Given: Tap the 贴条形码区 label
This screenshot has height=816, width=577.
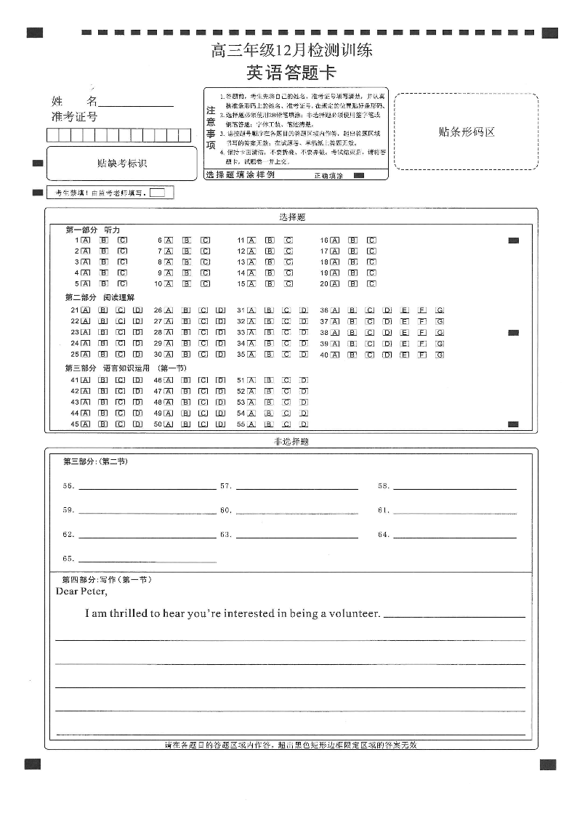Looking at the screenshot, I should (x=467, y=132).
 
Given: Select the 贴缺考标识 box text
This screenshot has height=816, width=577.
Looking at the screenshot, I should (x=122, y=163).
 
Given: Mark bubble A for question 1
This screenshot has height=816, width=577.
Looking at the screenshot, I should (x=86, y=240).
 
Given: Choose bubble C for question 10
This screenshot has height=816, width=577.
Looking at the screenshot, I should (x=206, y=283).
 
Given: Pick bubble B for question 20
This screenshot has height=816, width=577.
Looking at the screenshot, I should (x=352, y=283).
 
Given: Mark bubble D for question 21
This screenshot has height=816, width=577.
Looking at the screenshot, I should (x=137, y=310).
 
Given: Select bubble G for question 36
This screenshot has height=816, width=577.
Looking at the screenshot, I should (x=440, y=310).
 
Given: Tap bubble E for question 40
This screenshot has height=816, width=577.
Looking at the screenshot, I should (x=405, y=355).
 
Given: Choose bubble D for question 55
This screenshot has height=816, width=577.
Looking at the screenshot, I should (x=304, y=424).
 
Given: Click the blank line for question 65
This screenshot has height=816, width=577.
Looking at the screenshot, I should (x=147, y=561).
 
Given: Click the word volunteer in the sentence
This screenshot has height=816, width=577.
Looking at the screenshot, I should (x=356, y=613).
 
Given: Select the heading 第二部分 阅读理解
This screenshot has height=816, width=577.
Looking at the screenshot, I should (x=100, y=297).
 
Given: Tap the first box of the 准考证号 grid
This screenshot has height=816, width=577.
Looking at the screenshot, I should (x=52, y=135).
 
